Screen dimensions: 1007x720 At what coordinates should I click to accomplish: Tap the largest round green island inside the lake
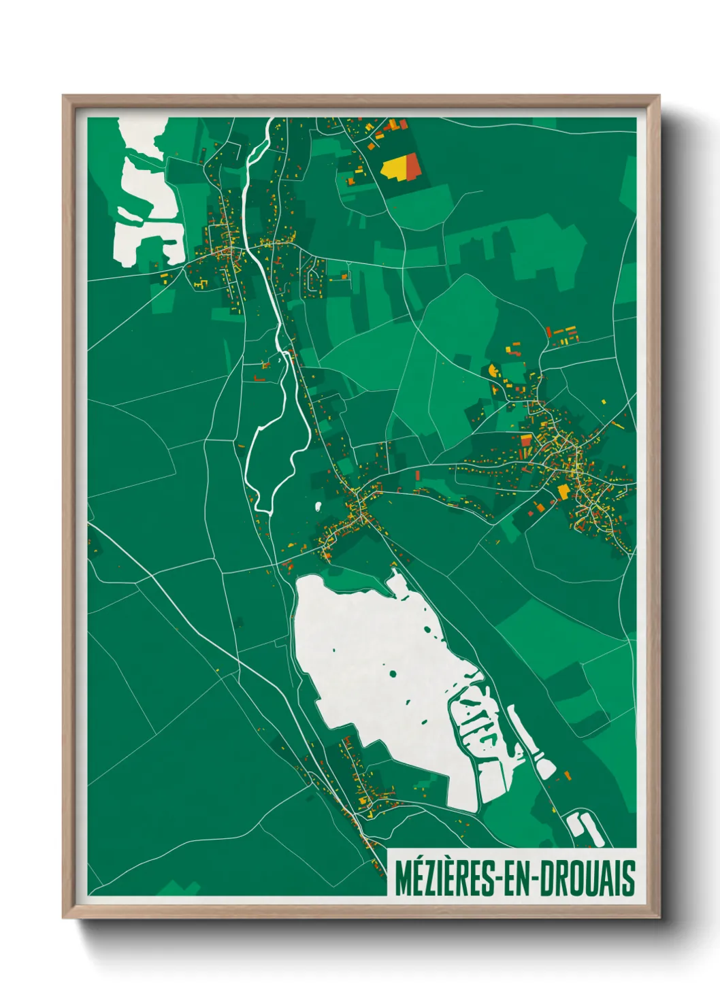[x=393, y=674]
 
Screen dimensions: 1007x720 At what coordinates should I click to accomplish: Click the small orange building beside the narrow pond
[x=566, y=775]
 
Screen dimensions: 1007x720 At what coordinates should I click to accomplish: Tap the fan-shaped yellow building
[x=493, y=371]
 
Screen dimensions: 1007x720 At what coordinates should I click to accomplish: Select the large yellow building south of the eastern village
[x=563, y=491]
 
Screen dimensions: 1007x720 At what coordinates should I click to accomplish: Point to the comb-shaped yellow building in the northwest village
[x=198, y=282]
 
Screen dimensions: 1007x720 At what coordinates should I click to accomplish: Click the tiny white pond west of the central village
[x=318, y=506]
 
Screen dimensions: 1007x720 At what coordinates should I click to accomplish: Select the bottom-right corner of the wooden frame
[x=658, y=917]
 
